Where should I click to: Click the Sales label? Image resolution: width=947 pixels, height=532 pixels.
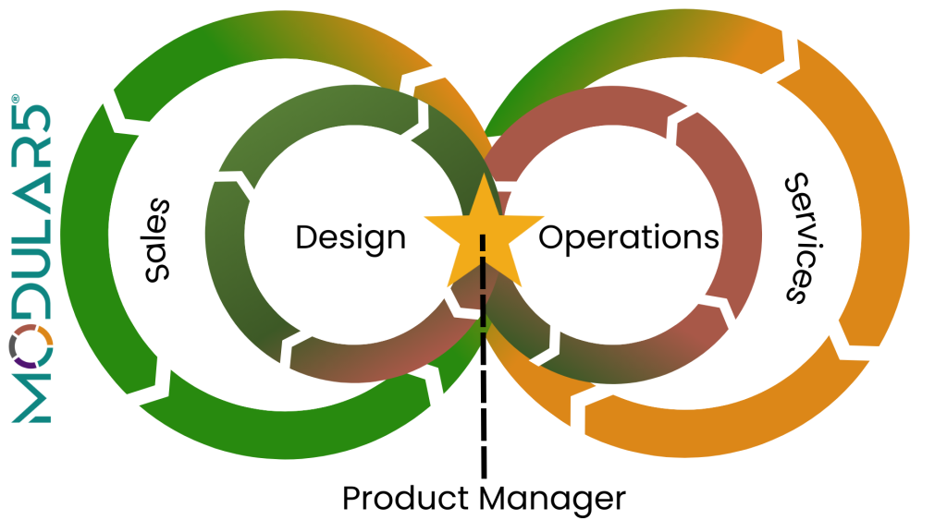click(157, 239)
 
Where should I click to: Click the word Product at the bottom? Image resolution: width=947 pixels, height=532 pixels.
click(405, 498)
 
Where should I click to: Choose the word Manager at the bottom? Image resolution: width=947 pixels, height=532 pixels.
click(553, 501)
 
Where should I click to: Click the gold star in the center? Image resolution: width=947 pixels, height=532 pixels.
click(484, 232)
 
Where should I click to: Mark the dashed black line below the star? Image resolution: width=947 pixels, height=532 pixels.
click(483, 356)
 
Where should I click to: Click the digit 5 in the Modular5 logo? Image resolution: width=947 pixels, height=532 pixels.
click(31, 118)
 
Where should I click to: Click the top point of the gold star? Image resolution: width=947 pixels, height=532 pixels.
click(484, 175)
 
